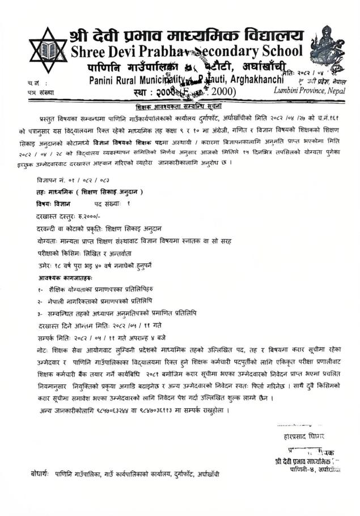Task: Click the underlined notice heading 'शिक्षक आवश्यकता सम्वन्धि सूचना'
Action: (179, 107)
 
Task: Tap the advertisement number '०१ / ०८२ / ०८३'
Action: (83, 179)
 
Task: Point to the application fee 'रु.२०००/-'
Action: (83, 216)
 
